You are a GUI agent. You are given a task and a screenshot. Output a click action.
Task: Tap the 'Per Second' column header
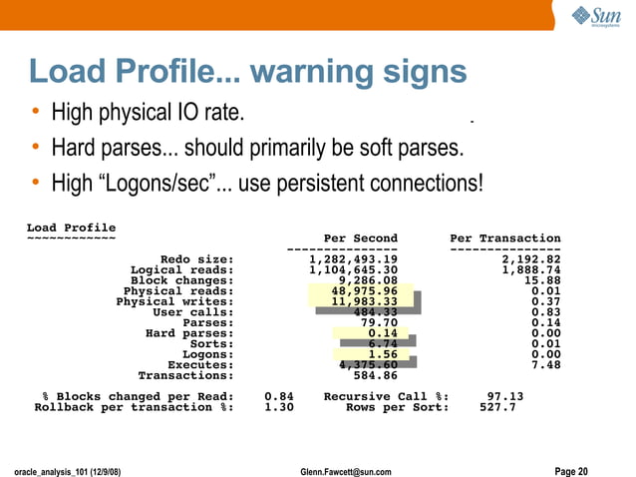point(361,238)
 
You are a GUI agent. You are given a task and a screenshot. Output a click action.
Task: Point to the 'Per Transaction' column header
point(505,238)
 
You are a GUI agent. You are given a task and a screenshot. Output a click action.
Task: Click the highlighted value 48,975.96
point(364,291)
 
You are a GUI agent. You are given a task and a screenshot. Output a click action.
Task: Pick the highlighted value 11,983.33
point(364,302)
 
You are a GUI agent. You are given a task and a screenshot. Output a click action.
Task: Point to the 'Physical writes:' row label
point(175,302)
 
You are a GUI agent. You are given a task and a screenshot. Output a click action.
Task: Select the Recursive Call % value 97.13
point(503,396)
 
